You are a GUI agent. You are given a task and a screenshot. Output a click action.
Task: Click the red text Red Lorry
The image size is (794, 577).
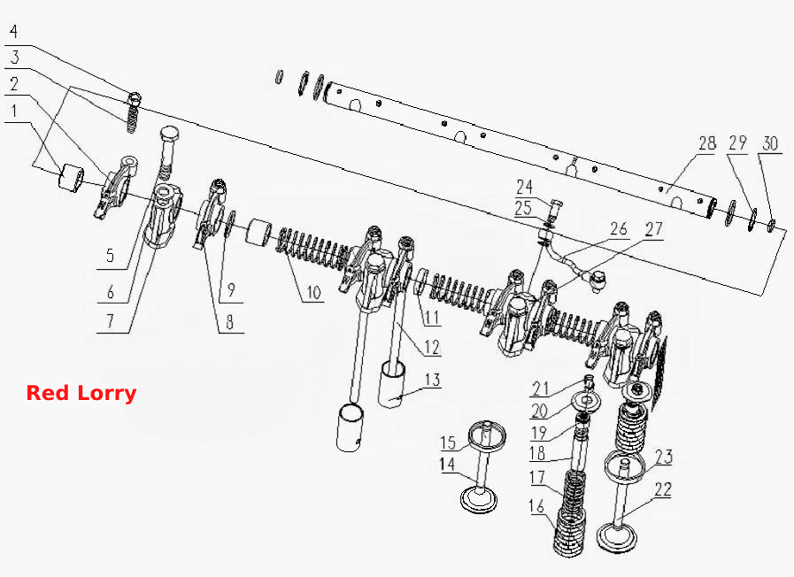click(x=81, y=393)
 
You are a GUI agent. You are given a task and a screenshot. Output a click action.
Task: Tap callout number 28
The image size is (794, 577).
click(x=707, y=143)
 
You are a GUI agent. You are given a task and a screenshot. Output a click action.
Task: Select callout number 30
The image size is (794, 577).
click(x=770, y=143)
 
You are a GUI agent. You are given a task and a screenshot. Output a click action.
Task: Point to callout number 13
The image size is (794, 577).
click(x=433, y=380)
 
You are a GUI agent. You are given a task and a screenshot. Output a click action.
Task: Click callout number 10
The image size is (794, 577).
click(x=313, y=292)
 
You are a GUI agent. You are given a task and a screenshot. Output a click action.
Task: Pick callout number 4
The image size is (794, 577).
click(x=13, y=31)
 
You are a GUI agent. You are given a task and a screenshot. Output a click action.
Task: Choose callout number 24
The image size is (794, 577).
click(x=525, y=188)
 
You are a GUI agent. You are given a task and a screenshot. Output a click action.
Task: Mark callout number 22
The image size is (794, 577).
click(x=663, y=489)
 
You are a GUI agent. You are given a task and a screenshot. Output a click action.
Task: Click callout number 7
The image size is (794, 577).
click(x=110, y=320)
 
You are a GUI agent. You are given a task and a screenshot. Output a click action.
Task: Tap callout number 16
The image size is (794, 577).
click(x=536, y=505)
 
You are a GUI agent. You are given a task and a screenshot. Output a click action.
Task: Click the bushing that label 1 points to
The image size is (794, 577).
click(x=72, y=178)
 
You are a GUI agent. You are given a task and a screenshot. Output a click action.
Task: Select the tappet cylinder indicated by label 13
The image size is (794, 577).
click(x=392, y=383)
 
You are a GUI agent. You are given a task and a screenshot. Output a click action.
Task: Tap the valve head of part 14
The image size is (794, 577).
click(x=479, y=498)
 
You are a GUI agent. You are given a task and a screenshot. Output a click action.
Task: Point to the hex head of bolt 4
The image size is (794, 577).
click(x=135, y=96)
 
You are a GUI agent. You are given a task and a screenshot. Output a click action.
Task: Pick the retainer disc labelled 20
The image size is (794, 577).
click(x=587, y=401)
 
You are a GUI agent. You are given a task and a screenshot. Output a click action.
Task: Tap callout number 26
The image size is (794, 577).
click(x=618, y=229)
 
